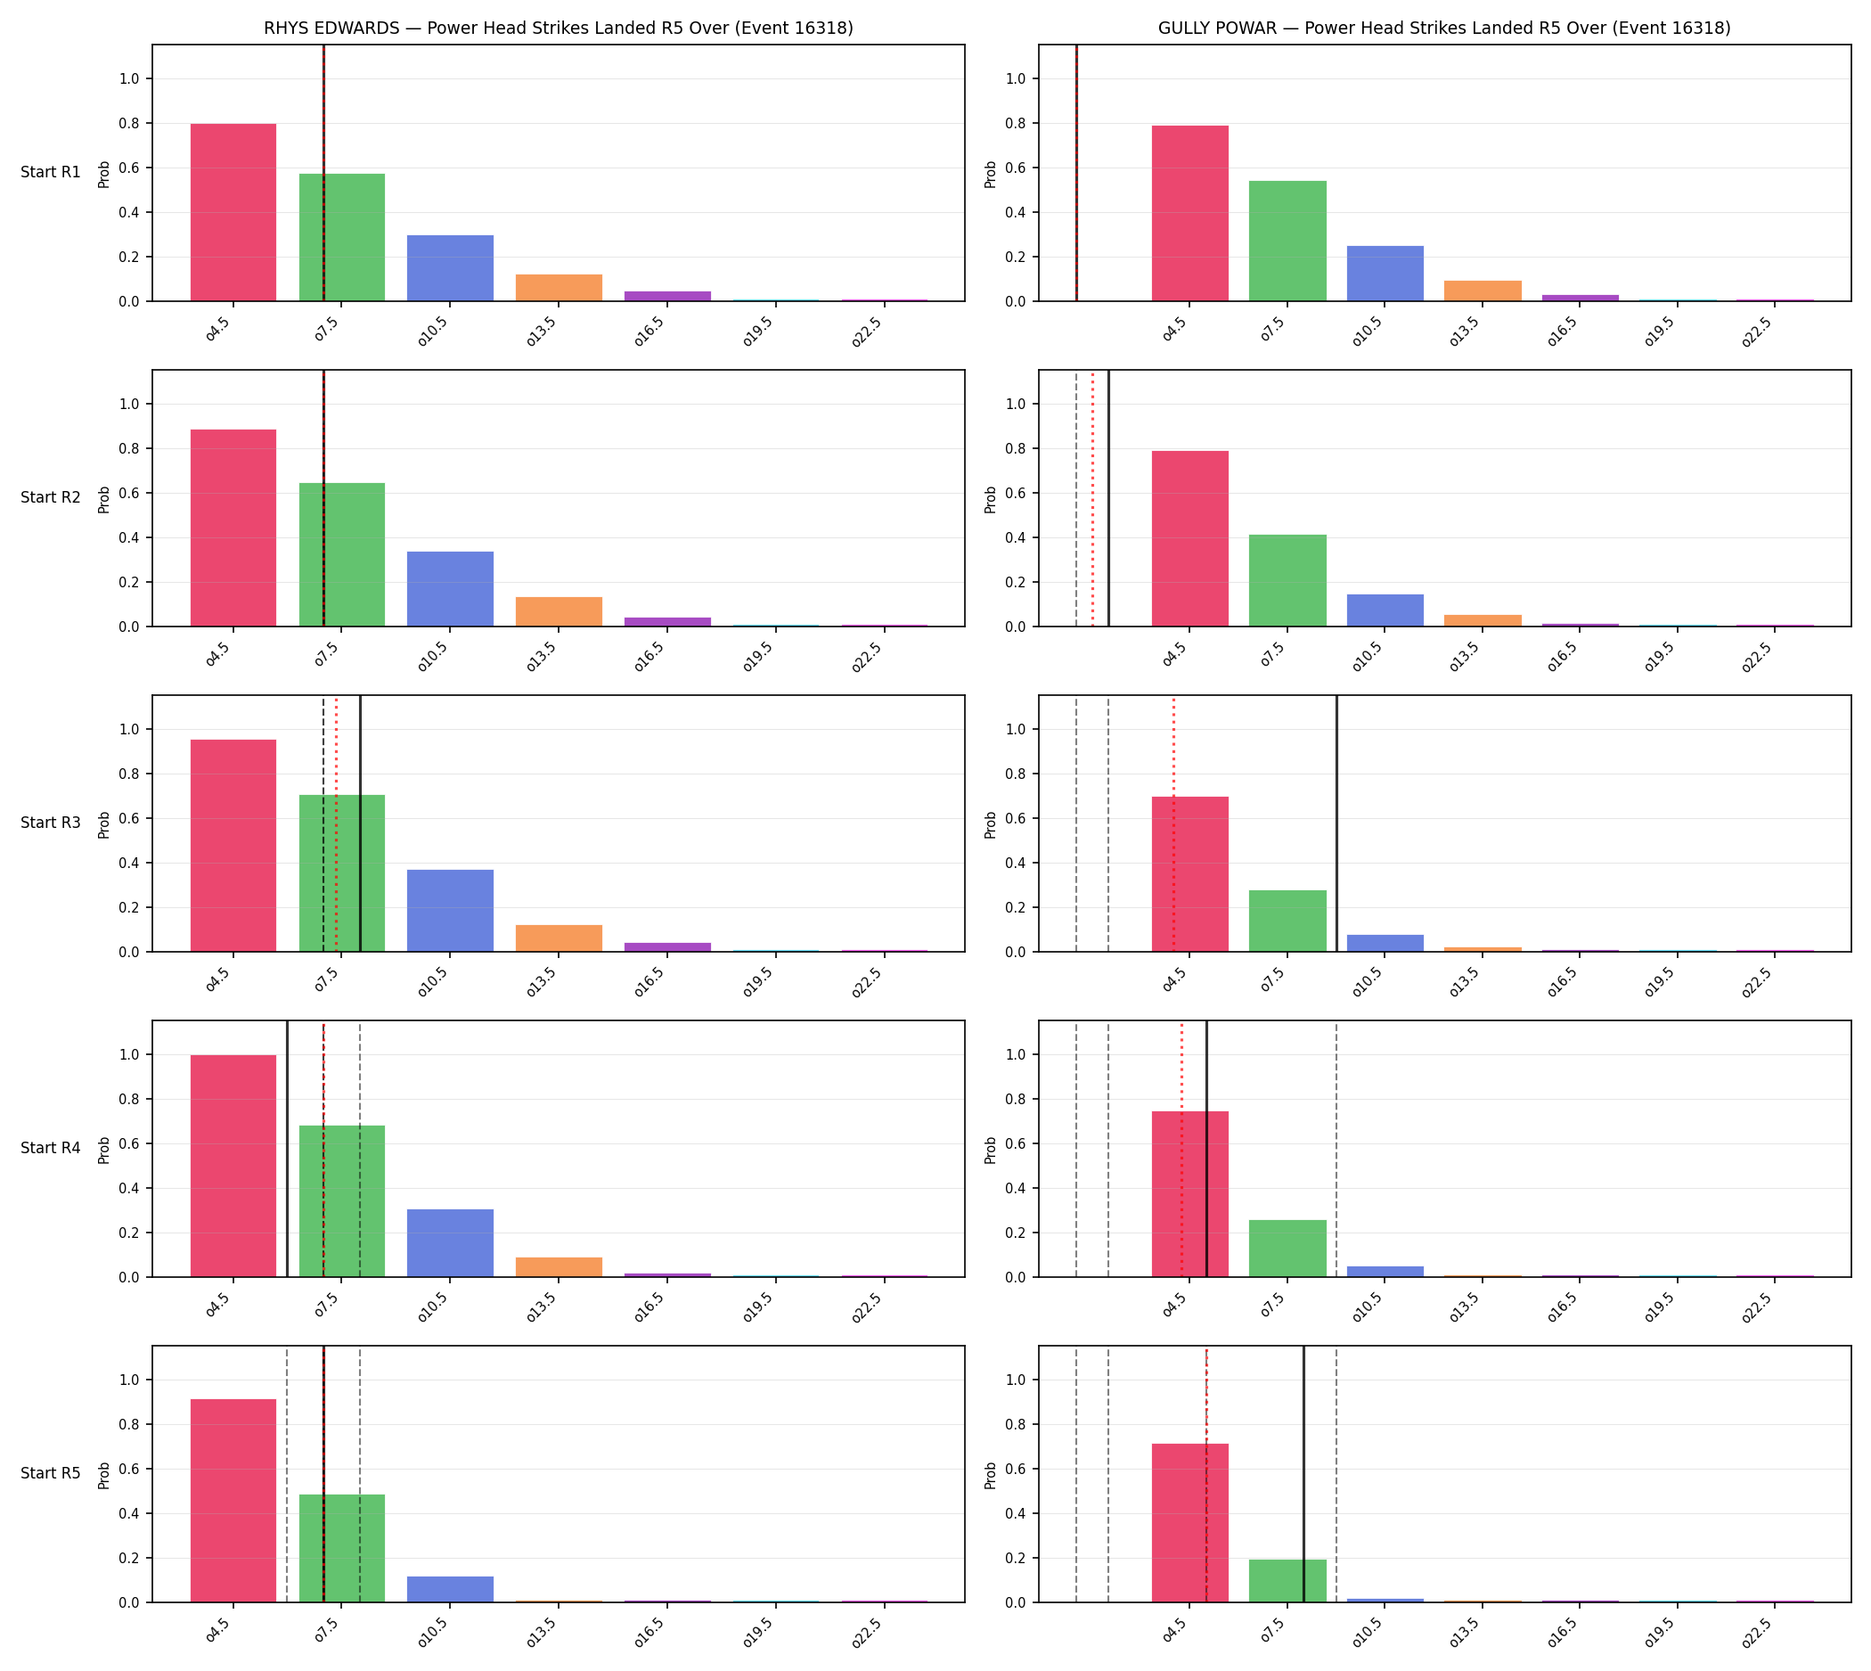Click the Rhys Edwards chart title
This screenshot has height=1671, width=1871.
pos(558,29)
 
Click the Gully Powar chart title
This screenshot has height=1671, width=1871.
pos(1444,29)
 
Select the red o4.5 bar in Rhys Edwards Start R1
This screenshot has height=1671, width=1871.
pos(233,212)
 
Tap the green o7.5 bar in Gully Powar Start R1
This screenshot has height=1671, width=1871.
pos(1287,241)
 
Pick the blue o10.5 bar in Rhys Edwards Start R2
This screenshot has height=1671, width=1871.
pos(450,588)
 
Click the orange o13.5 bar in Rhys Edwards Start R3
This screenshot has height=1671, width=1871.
pos(558,938)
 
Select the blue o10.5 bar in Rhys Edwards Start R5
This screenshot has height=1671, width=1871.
pos(450,1589)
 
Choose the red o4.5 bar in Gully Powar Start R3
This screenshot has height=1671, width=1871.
pos(1189,874)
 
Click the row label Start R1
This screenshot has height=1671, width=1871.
pos(51,173)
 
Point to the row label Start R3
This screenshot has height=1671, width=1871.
pos(51,823)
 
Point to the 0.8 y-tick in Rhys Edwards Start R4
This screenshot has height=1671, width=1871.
pos(129,1100)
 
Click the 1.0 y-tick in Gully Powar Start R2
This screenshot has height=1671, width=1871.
pos(1017,405)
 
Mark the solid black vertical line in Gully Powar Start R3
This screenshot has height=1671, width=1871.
pos(1336,823)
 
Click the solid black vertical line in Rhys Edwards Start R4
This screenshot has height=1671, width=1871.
pos(288,1149)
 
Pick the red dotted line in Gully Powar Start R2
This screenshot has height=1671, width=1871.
pos(1092,498)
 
